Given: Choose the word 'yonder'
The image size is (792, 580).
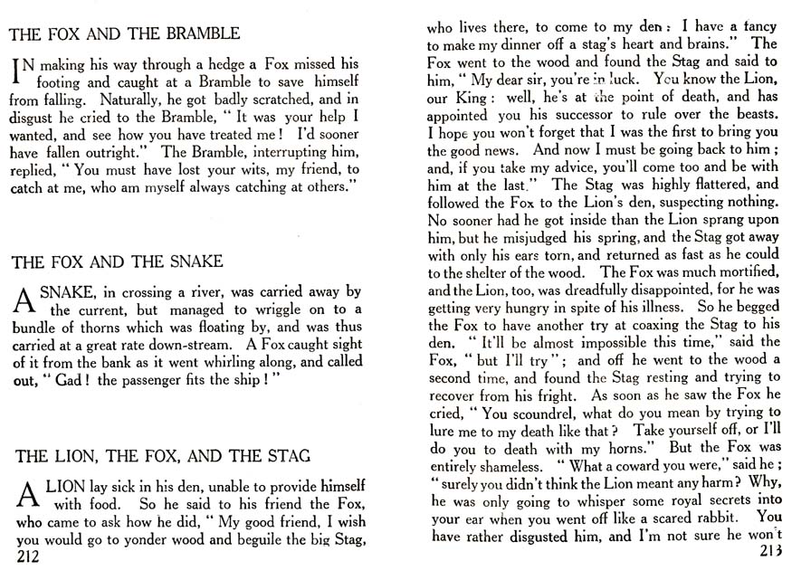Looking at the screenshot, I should (161, 542).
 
